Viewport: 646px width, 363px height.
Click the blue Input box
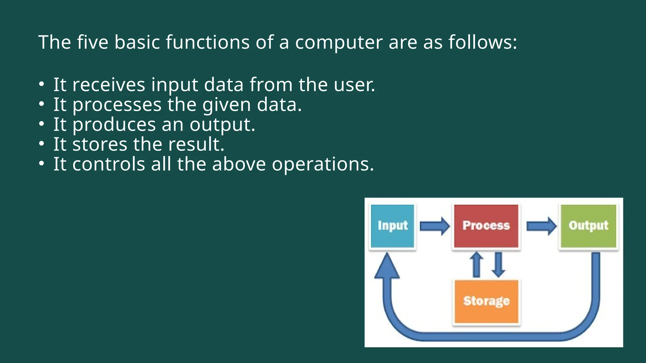click(x=392, y=226)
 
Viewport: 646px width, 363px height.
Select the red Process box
click(x=486, y=226)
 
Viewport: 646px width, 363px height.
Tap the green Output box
click(x=588, y=226)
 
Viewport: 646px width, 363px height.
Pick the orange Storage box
click(x=486, y=301)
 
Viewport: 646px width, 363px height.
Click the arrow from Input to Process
click(x=434, y=226)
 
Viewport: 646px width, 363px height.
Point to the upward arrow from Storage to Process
click(x=476, y=265)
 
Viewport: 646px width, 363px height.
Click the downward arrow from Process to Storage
click(x=498, y=265)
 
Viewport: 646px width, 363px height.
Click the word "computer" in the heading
click(x=338, y=42)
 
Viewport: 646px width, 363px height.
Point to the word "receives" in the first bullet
click(x=109, y=85)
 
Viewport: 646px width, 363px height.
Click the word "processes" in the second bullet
click(x=117, y=105)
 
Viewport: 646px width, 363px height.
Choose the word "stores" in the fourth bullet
click(x=100, y=144)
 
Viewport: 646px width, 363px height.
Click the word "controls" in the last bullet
click(x=109, y=164)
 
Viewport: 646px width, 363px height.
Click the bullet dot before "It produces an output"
click(x=42, y=124)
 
